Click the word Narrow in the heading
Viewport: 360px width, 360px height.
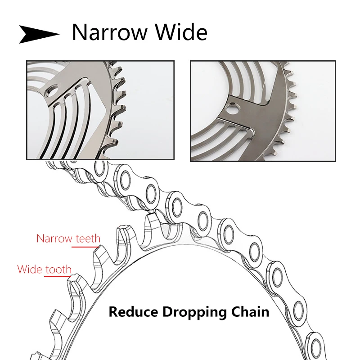pyautogui.click(x=110, y=33)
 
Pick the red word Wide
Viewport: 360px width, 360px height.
pyautogui.click(x=30, y=270)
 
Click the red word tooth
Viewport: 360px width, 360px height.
pyautogui.click(x=58, y=270)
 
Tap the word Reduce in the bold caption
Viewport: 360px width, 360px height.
pyautogui.click(x=133, y=312)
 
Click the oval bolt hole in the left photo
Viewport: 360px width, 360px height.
pyautogui.click(x=51, y=92)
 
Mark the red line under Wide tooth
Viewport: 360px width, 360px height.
pyautogui.click(x=58, y=276)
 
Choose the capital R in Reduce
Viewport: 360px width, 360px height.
pyautogui.click(x=113, y=312)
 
